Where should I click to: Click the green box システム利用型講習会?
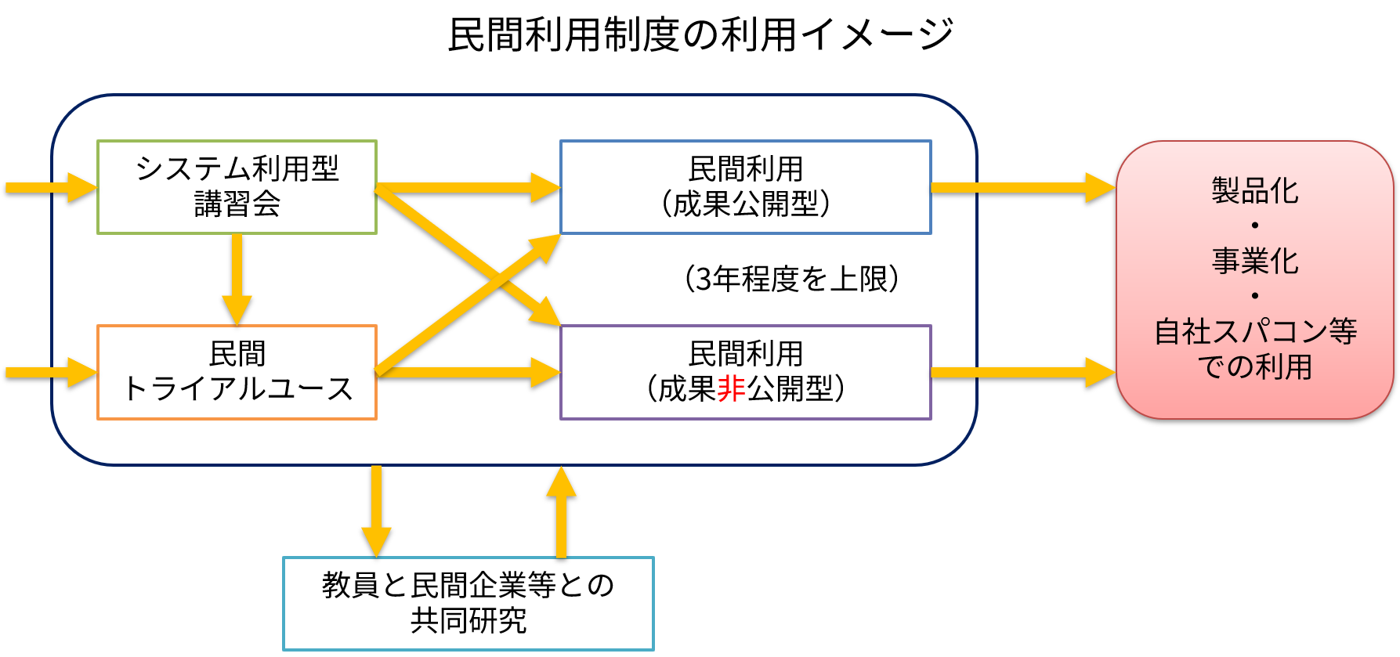click(x=237, y=187)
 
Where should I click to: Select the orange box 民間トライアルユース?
click(x=237, y=372)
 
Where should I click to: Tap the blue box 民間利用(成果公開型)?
click(x=745, y=187)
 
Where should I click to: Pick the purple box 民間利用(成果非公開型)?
click(x=745, y=372)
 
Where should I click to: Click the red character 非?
click(x=730, y=389)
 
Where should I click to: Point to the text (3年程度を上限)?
click(x=791, y=279)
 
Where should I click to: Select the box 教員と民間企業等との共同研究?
click(x=468, y=603)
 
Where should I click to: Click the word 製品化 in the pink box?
click(x=1254, y=190)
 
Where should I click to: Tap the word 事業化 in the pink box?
click(x=1254, y=261)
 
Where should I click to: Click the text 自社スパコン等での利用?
click(x=1254, y=348)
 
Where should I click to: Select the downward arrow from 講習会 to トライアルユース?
click(x=237, y=278)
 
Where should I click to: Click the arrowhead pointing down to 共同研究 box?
click(x=376, y=540)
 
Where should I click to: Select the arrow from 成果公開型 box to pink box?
click(x=1018, y=187)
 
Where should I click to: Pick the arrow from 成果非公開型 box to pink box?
click(x=1018, y=372)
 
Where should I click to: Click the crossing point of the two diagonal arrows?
click(x=500, y=278)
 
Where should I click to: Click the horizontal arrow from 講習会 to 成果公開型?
click(x=466, y=187)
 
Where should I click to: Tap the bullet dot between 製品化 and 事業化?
click(x=1254, y=226)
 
